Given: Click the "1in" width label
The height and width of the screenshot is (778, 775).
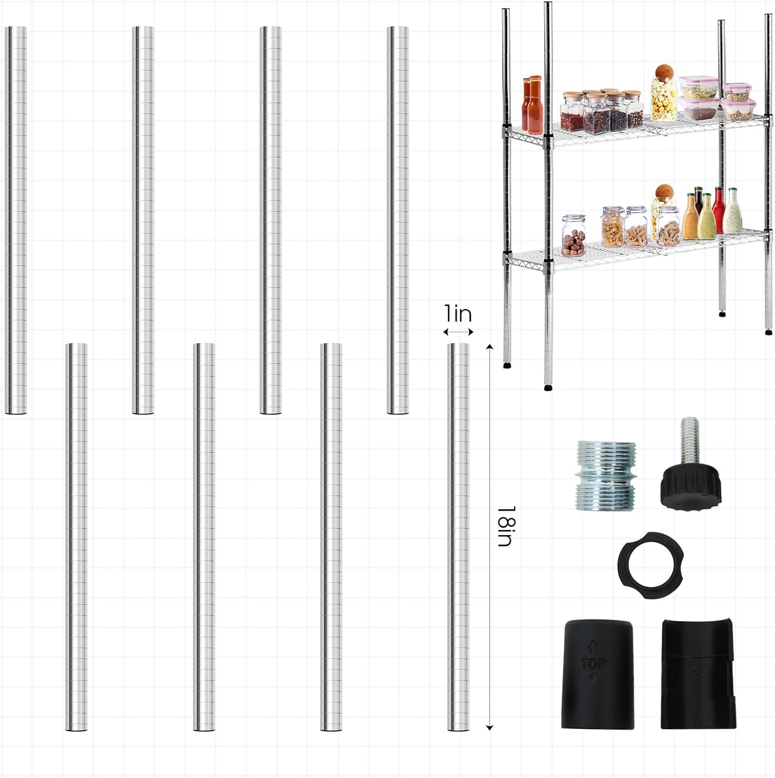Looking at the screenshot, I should click(x=458, y=314).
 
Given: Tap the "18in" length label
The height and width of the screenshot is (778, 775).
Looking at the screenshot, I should click(x=504, y=526).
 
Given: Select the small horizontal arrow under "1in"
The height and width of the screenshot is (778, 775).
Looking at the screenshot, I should click(x=458, y=332).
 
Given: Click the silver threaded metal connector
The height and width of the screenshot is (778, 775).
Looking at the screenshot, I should click(x=606, y=475).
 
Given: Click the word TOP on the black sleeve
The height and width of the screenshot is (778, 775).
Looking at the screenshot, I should click(x=593, y=664).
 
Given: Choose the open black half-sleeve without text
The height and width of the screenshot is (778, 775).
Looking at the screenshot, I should click(x=698, y=673).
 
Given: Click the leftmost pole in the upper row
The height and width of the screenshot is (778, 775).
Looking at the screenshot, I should click(x=16, y=220).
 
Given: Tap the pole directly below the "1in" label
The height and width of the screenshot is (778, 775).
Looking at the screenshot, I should click(x=458, y=537).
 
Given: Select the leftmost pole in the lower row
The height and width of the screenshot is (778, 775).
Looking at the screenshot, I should click(x=76, y=537).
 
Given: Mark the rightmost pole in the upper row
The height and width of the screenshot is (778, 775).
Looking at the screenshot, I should click(x=398, y=220).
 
